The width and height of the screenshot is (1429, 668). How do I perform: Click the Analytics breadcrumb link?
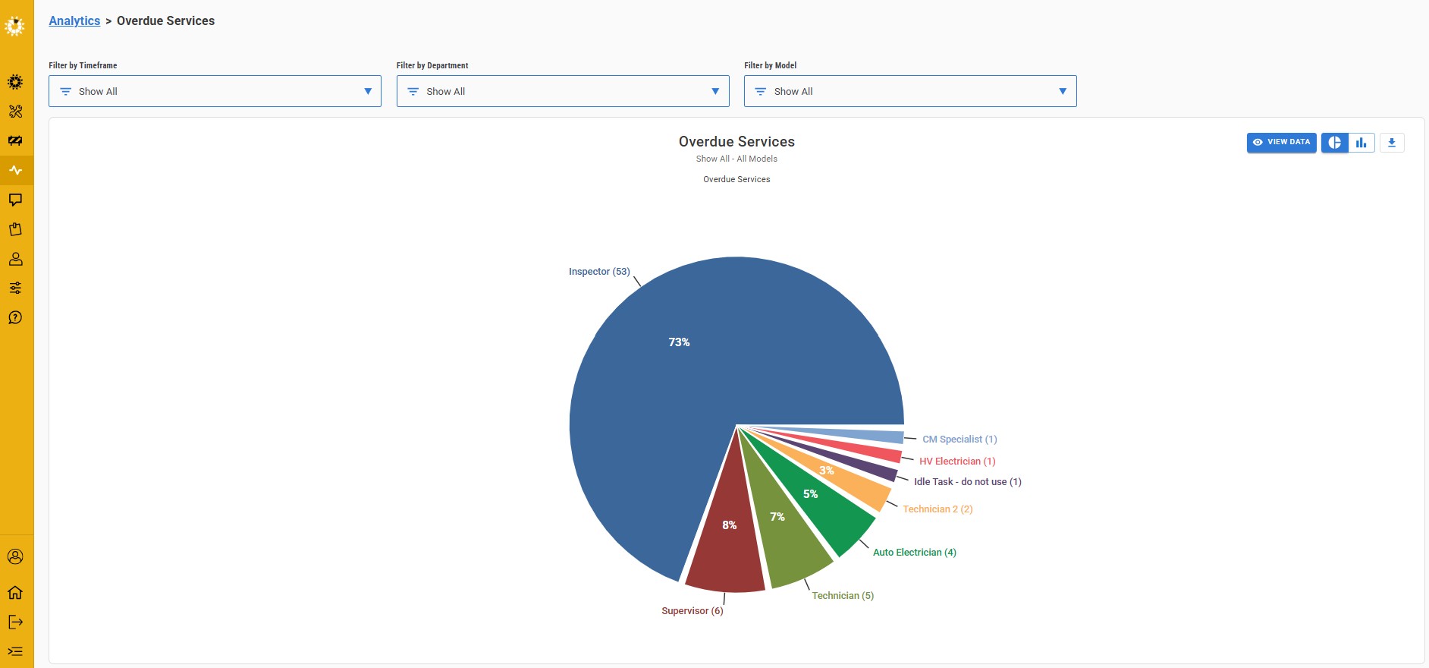(74, 21)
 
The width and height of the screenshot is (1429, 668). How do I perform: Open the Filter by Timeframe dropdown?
(215, 91)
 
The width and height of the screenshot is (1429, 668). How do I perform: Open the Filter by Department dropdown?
(562, 91)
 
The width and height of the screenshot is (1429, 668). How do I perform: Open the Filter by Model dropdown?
(909, 91)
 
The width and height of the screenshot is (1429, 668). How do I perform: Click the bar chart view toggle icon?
(1361, 143)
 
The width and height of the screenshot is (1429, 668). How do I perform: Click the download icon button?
(1392, 143)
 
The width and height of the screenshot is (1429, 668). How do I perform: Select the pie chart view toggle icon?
(1335, 143)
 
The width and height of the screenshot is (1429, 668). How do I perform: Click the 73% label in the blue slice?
(679, 342)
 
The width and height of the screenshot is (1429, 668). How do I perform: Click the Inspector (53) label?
(599, 272)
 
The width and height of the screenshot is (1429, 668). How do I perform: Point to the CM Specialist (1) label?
(959, 440)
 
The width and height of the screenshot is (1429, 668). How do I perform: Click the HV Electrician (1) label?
(957, 462)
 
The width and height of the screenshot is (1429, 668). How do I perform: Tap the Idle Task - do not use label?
(967, 482)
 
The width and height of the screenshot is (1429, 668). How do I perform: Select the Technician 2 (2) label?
(937, 509)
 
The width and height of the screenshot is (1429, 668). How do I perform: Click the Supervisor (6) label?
(692, 611)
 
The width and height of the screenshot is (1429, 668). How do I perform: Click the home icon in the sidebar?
(15, 593)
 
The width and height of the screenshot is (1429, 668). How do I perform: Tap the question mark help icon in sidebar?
(15, 317)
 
